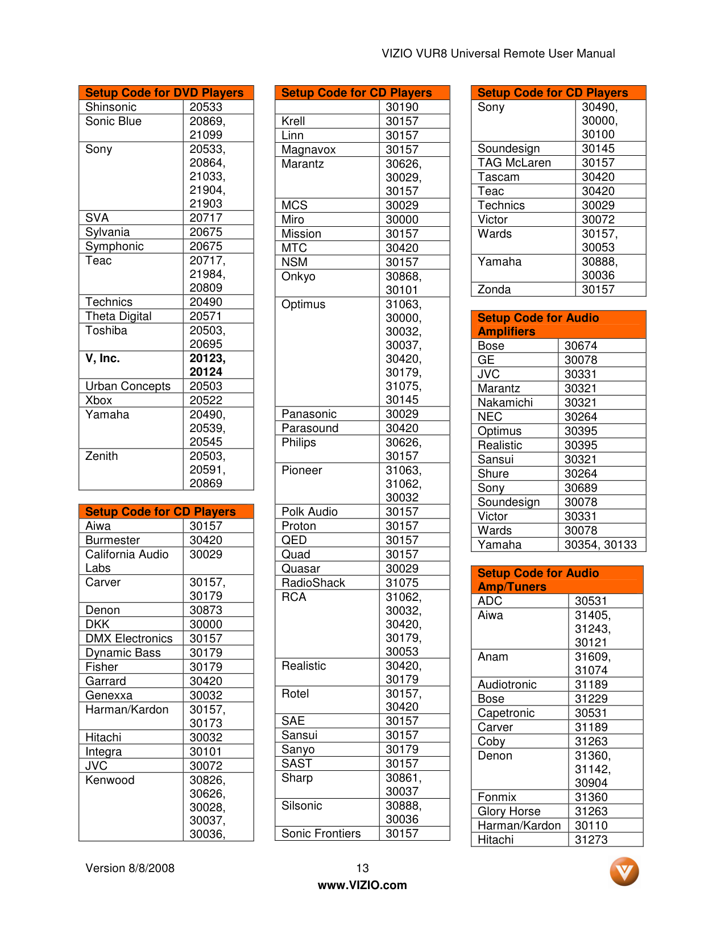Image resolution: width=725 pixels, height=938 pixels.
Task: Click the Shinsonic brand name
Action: coord(111,107)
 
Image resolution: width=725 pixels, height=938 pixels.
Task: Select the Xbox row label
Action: coord(99,400)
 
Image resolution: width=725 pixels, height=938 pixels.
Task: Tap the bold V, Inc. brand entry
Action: coord(103,358)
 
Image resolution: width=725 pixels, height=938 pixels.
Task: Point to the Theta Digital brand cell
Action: coord(118,316)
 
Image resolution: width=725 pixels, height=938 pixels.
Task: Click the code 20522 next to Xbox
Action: coord(206,400)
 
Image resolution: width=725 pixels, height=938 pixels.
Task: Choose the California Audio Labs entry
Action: coord(127,561)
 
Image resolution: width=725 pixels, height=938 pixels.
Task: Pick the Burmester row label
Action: coord(113,540)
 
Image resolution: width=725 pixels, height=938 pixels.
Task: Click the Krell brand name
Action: coord(293,121)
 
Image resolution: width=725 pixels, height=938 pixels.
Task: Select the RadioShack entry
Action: coord(313,583)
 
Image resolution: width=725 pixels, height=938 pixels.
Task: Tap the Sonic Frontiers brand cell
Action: coord(321,833)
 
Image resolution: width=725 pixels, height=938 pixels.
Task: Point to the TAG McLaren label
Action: coord(514,163)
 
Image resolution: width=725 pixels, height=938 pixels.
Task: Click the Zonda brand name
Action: coord(494,289)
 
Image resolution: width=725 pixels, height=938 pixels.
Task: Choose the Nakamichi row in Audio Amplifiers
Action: coord(506,402)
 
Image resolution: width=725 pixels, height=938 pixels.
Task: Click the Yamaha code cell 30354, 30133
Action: coord(600,545)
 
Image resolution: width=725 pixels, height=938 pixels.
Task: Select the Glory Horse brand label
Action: coord(509,811)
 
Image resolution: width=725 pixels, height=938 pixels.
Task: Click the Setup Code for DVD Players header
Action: coord(164,93)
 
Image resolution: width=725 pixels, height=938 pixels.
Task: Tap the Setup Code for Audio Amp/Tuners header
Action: coord(538,580)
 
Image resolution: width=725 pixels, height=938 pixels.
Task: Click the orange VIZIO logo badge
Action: coord(624,871)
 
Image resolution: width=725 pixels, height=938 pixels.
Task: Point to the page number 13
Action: coord(362,868)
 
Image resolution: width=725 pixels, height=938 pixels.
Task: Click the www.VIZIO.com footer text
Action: coord(362,885)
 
